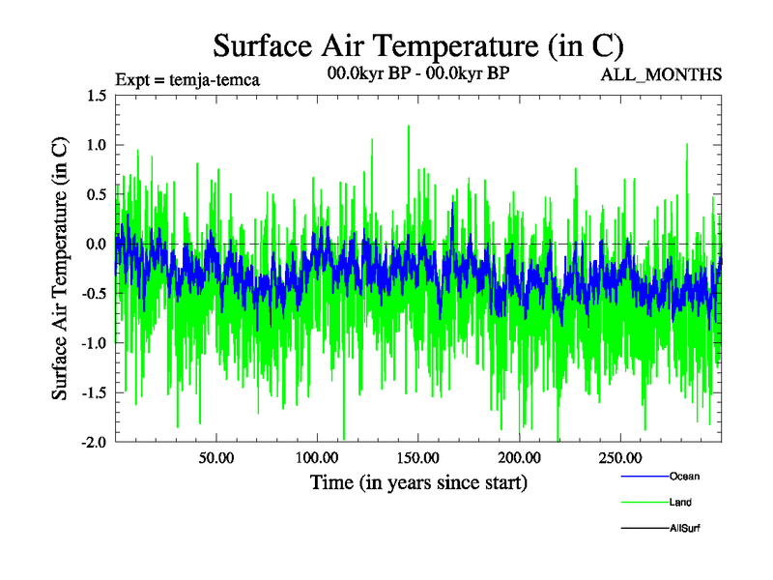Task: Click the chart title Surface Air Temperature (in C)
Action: (418, 46)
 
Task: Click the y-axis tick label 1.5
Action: (97, 96)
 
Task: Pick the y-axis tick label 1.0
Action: (97, 145)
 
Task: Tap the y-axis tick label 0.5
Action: (97, 194)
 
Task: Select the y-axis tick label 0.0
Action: (97, 244)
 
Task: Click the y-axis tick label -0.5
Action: (94, 294)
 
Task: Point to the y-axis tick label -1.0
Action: (94, 343)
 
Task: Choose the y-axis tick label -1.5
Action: (94, 392)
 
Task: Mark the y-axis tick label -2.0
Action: (94, 442)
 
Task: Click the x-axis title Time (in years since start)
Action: (418, 481)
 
